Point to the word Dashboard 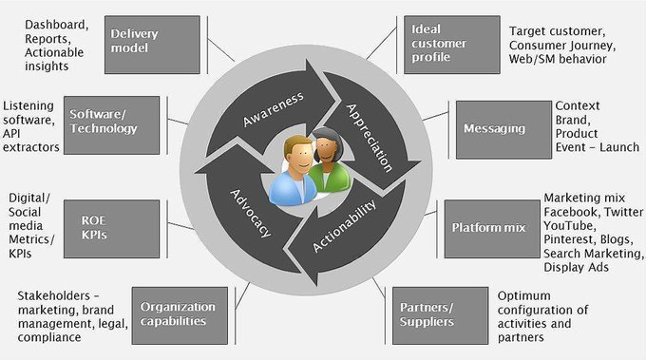click(56, 23)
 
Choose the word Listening click(29, 105)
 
